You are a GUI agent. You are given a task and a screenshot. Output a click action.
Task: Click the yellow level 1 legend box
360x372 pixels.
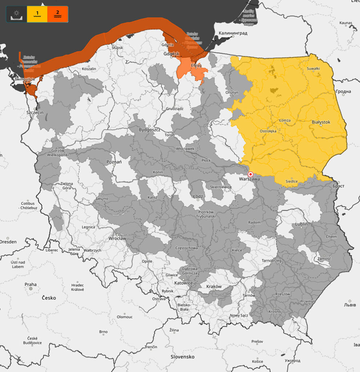click(37, 14)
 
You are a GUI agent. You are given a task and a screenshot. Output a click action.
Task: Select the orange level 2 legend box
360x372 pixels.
click(57, 14)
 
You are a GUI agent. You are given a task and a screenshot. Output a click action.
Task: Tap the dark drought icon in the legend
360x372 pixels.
click(16, 14)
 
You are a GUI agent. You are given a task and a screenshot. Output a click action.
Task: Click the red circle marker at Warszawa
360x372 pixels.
click(250, 174)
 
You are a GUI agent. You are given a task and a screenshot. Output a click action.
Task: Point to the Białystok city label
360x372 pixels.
click(321, 122)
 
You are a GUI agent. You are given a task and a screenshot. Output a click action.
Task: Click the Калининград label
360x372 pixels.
click(233, 33)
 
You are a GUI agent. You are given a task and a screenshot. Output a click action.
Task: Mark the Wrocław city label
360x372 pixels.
click(117, 239)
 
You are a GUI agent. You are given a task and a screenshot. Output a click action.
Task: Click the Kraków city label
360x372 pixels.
click(214, 287)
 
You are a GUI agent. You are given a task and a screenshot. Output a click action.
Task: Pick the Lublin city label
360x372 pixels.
click(301, 225)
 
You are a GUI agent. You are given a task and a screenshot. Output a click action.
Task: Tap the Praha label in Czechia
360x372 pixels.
click(31, 284)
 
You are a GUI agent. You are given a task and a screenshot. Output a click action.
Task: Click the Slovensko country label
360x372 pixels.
click(183, 357)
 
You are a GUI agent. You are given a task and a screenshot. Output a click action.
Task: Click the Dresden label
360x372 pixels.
click(8, 242)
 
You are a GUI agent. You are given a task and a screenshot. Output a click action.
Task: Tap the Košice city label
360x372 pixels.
click(258, 361)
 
